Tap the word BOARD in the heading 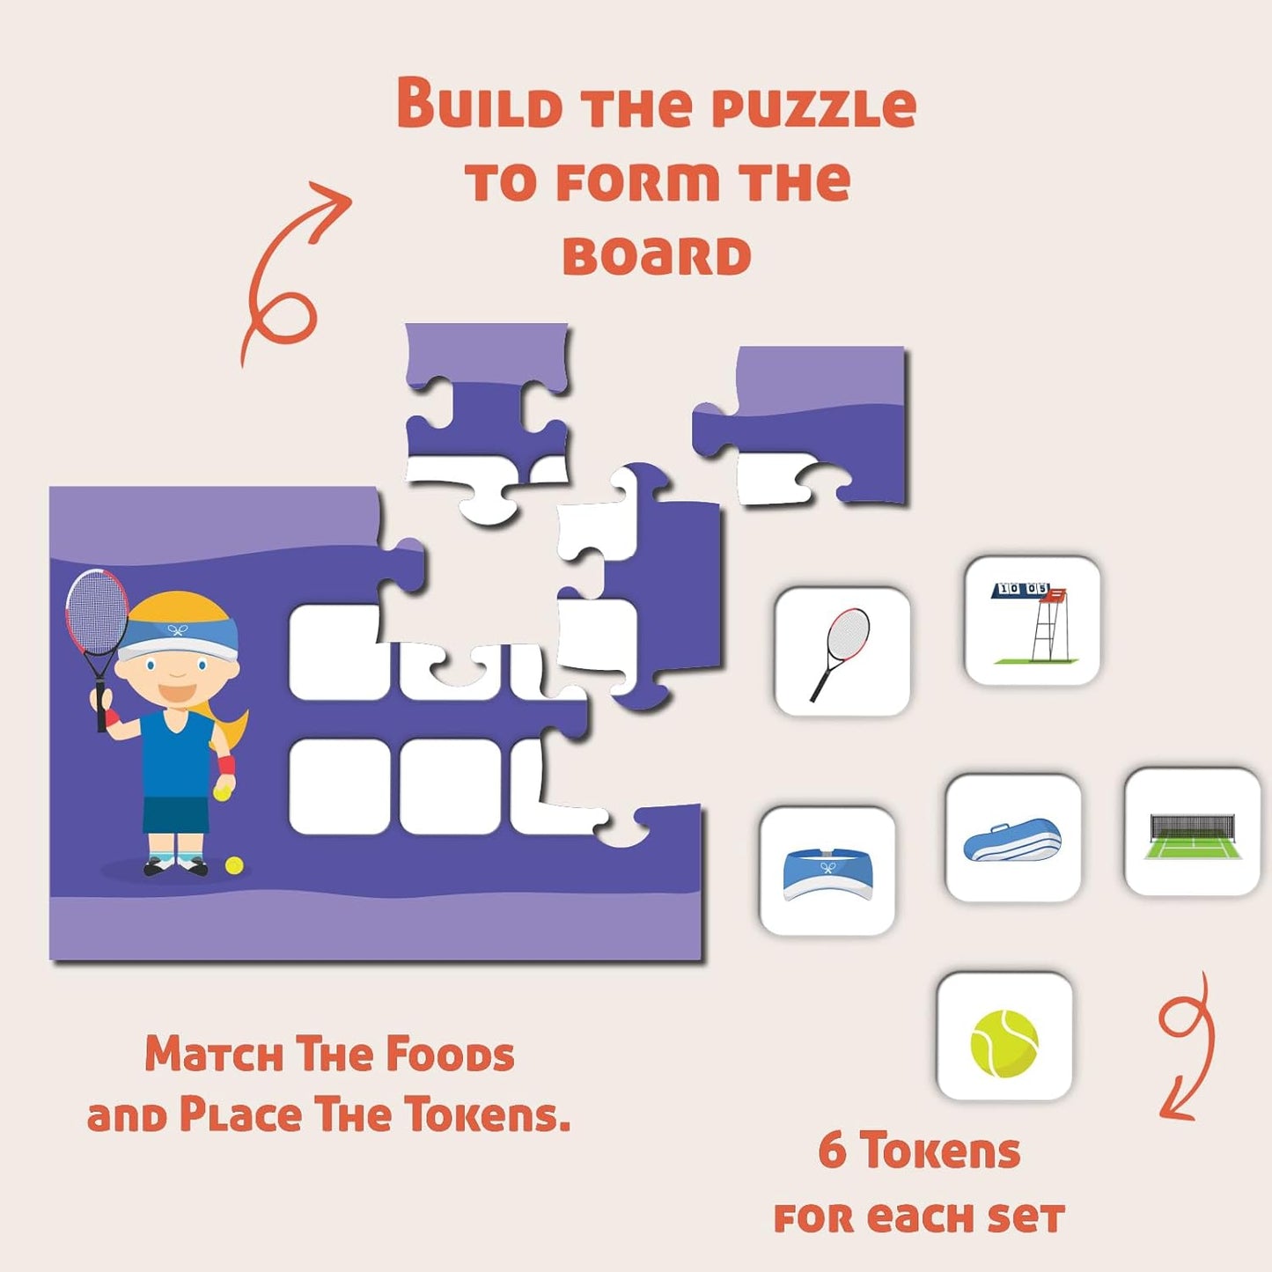click(657, 255)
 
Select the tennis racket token click(842, 651)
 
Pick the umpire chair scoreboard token click(1033, 621)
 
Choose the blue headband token click(827, 871)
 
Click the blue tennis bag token click(1013, 838)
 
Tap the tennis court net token click(1192, 831)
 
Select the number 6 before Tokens click(833, 1151)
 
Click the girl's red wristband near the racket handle click(114, 717)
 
